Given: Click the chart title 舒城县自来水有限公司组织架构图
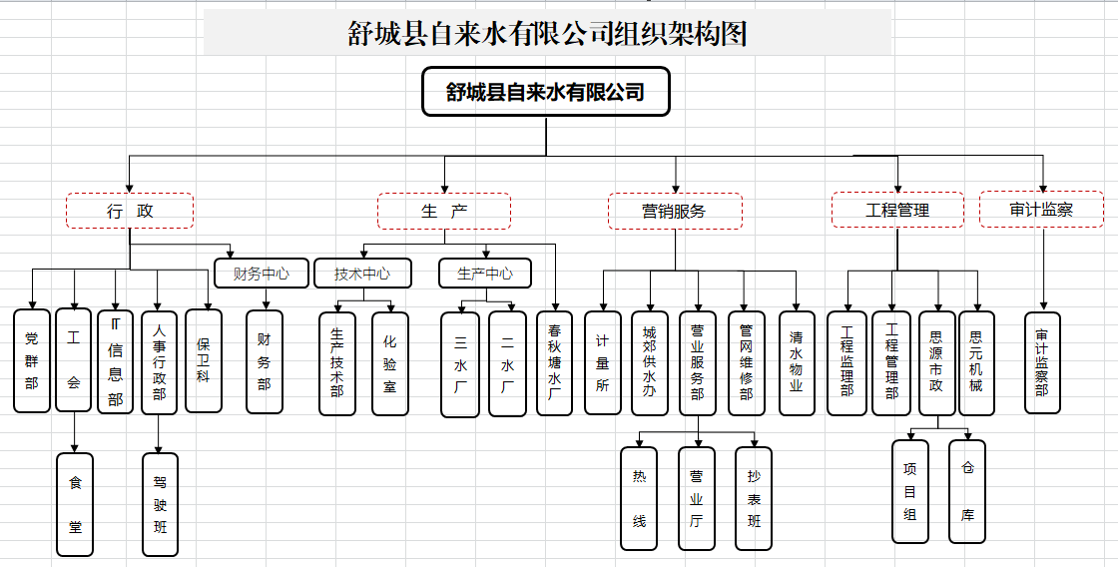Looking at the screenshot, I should (547, 33).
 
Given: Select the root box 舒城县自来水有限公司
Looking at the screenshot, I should (545, 93).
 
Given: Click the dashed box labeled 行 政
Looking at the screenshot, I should (130, 211).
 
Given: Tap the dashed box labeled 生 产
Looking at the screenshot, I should (443, 211).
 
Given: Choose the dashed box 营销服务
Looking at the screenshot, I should (675, 211).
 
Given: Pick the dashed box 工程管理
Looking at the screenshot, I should (897, 211).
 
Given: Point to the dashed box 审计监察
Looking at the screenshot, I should (1041, 210).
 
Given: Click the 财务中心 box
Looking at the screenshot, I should (262, 274).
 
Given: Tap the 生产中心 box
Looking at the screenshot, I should (485, 274).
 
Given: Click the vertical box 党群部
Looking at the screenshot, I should (32, 361).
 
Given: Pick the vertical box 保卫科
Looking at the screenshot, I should (204, 359).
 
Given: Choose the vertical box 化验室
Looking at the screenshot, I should (390, 363).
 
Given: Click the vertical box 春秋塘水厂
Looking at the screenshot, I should (554, 363).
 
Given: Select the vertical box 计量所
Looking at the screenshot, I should (602, 363).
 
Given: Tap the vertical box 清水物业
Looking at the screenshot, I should (797, 363).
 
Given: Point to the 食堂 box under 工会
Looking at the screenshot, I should (75, 504).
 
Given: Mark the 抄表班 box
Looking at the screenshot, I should (754, 498).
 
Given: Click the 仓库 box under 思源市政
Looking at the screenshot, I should (966, 491).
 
